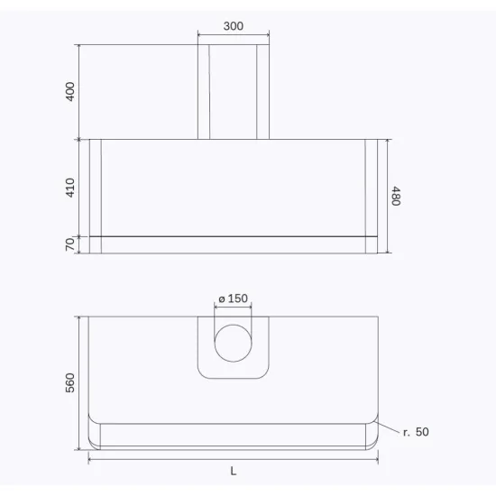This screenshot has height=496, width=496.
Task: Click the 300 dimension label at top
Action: (233, 26)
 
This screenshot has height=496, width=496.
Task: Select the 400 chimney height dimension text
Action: (70, 91)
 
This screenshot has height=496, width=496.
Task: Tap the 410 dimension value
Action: (70, 187)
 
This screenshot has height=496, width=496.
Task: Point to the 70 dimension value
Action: (70, 244)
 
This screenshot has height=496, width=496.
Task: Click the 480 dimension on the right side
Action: (395, 196)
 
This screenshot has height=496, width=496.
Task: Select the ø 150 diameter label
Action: (233, 299)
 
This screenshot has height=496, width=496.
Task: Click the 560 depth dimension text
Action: (70, 382)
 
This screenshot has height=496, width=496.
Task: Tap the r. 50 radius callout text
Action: (416, 433)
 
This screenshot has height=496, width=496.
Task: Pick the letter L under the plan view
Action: (233, 472)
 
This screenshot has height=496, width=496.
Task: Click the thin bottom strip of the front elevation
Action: (233, 244)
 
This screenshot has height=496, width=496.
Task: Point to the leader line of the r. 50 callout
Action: (388, 427)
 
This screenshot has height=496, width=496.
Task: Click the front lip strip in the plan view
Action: (233, 436)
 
